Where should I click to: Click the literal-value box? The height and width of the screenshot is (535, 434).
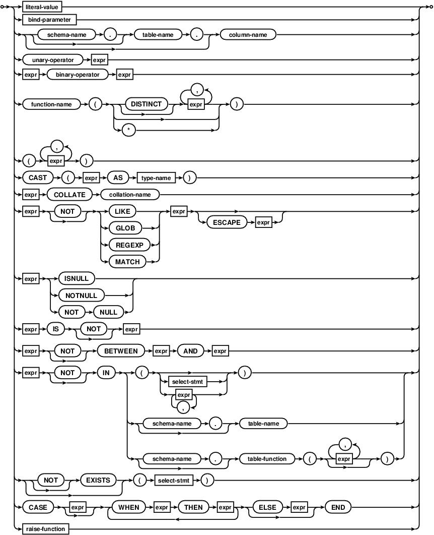coord(42,7)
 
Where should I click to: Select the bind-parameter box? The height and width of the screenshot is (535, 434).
coord(49,20)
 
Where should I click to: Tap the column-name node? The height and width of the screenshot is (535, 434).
coord(248,35)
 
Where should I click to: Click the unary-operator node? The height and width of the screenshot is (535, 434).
coord(53,60)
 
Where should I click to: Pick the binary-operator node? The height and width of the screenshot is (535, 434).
coord(78,75)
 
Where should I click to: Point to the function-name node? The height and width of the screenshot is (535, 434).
coord(51,104)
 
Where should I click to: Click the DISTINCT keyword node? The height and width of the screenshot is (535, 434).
coord(146,104)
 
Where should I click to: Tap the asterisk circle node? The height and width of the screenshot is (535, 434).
coord(129,130)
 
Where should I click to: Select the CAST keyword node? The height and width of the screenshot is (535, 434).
coord(38,178)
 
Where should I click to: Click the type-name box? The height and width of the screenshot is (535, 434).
coord(156,178)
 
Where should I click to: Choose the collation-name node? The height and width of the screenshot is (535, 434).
coord(130,195)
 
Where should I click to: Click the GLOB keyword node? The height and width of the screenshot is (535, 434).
coord(125,228)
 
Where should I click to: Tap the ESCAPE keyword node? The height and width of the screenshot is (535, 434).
coord(227,222)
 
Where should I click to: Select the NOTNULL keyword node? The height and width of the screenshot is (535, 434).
coord(81,295)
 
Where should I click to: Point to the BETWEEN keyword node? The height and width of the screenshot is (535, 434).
coord(121,351)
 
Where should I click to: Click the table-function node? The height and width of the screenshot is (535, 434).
coord(267,459)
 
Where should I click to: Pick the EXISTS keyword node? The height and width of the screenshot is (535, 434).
coord(98,481)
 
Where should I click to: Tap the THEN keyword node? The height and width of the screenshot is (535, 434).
coord(193,507)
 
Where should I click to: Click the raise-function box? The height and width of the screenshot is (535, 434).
coord(46,529)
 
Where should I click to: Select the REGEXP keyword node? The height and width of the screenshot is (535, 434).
coord(129,245)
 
